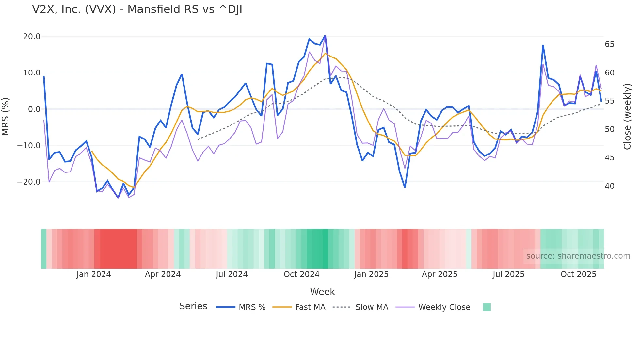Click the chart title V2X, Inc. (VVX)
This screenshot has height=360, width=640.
pos(137,9)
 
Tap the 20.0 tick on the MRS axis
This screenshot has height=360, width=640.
pos(32,37)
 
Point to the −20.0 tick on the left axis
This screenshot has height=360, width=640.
pos(29,182)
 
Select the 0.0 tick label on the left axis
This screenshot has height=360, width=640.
pos(34,109)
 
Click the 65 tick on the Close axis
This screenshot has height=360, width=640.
pos(609,44)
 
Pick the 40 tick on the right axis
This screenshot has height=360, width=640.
pos(609,186)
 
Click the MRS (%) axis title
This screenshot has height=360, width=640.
pos(6,116)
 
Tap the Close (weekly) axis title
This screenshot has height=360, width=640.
pos(627,117)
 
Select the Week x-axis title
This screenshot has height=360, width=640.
pos(322,292)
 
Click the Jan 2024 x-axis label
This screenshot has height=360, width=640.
pos(94,274)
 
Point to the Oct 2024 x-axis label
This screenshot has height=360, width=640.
pos(301,274)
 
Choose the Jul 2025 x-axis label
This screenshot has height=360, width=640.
pos(508,274)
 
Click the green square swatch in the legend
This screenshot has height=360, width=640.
pos(487,307)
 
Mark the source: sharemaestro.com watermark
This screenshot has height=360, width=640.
pos(578,256)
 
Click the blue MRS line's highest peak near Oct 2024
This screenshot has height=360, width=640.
pos(325,36)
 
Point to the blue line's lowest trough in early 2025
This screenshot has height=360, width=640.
pos(405,187)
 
